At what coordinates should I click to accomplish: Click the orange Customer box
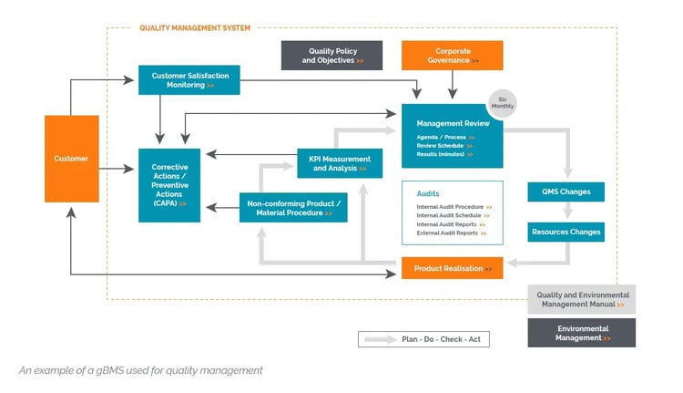point(72,159)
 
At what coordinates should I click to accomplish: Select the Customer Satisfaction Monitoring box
point(189,79)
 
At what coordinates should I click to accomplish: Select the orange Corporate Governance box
point(452,56)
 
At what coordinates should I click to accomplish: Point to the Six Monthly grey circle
point(502,102)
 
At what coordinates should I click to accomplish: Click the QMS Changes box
point(566,191)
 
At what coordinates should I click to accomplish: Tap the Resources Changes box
point(566,232)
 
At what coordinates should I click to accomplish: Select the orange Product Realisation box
point(452,268)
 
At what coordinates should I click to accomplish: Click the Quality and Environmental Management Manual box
point(581,299)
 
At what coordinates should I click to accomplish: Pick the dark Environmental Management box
point(581,333)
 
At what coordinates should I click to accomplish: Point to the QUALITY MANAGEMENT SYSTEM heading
point(194,28)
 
